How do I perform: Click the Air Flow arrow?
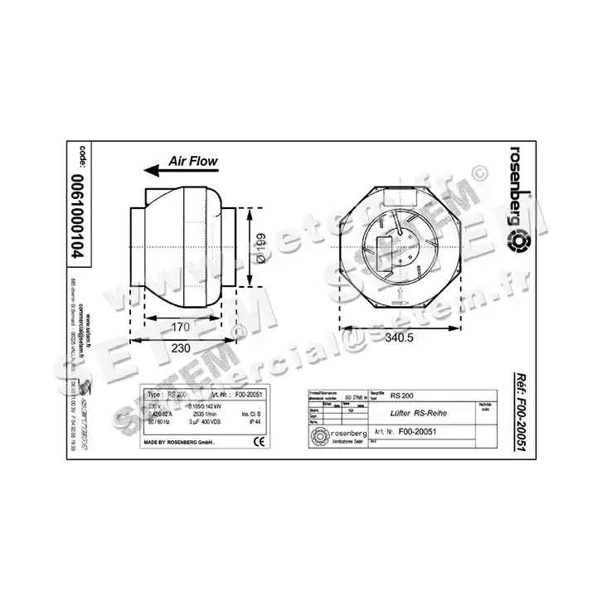182,170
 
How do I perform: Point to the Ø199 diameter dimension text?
259,246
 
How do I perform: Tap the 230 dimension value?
179,348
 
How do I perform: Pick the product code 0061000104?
80,218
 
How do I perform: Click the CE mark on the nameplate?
258,441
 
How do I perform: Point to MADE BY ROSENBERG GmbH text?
180,444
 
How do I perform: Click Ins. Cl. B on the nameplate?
251,413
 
